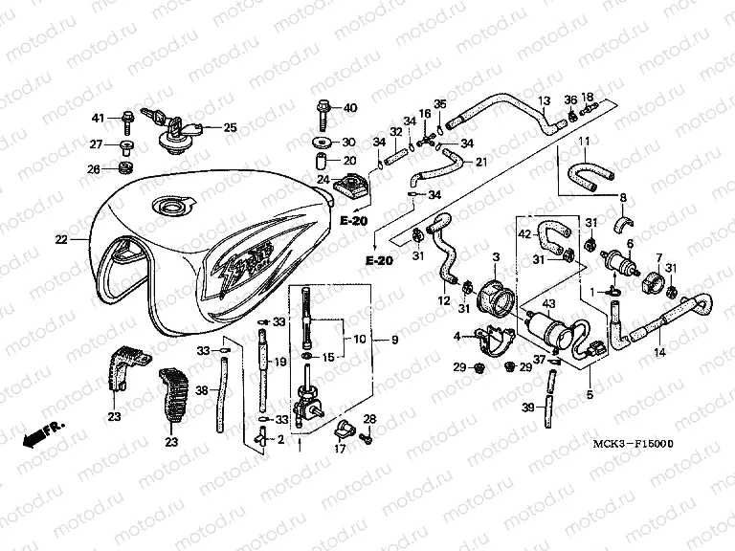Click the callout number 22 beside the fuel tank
tap(60, 240)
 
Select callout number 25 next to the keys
tap(230, 127)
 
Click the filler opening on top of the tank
tap(172, 206)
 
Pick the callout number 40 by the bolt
tap(349, 107)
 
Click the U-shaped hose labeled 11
tap(586, 172)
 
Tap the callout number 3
tap(497, 257)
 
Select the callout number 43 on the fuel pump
tap(547, 303)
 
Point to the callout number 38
tap(201, 390)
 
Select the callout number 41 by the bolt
tap(97, 118)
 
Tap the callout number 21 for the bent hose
tap(480, 161)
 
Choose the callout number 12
tap(444, 302)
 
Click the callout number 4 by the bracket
tap(457, 335)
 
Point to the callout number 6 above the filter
tap(631, 245)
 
